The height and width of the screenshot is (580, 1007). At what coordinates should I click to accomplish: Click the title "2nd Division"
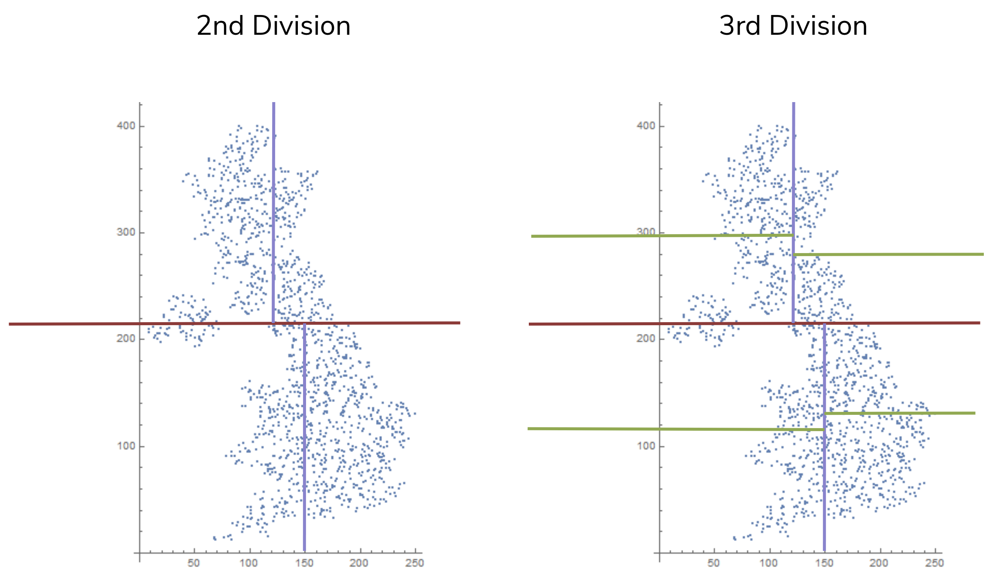273,26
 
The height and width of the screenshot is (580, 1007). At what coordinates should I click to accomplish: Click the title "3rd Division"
793,26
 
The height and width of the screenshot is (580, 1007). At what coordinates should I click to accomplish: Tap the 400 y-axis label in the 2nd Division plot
126,126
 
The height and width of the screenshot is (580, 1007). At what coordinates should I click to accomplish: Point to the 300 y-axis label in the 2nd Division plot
126,232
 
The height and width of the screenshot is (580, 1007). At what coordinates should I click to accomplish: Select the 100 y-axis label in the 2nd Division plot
126,446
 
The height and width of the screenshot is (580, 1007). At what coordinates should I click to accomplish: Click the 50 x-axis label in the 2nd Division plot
194,563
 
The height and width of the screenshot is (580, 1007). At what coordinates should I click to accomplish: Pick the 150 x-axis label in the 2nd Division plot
304,563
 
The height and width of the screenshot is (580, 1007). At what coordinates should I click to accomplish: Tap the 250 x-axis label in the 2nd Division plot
414,563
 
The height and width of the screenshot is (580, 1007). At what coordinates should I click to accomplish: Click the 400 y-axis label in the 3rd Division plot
646,126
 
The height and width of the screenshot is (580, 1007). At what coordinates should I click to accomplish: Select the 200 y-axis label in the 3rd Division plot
646,338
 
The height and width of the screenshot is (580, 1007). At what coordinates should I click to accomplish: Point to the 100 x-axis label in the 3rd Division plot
768,563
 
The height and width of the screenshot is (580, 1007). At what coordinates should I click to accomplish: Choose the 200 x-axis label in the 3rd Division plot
879,563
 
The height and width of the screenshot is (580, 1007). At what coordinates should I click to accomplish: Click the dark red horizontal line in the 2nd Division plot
129,324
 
